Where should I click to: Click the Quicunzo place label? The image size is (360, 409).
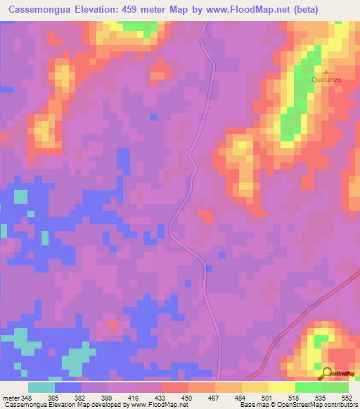[x=326, y=80]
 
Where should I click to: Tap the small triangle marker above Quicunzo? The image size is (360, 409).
[x=326, y=71]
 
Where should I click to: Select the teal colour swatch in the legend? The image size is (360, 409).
[x=41, y=387]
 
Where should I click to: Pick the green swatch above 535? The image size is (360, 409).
[x=309, y=387]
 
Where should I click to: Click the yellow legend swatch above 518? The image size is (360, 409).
[x=282, y=387]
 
